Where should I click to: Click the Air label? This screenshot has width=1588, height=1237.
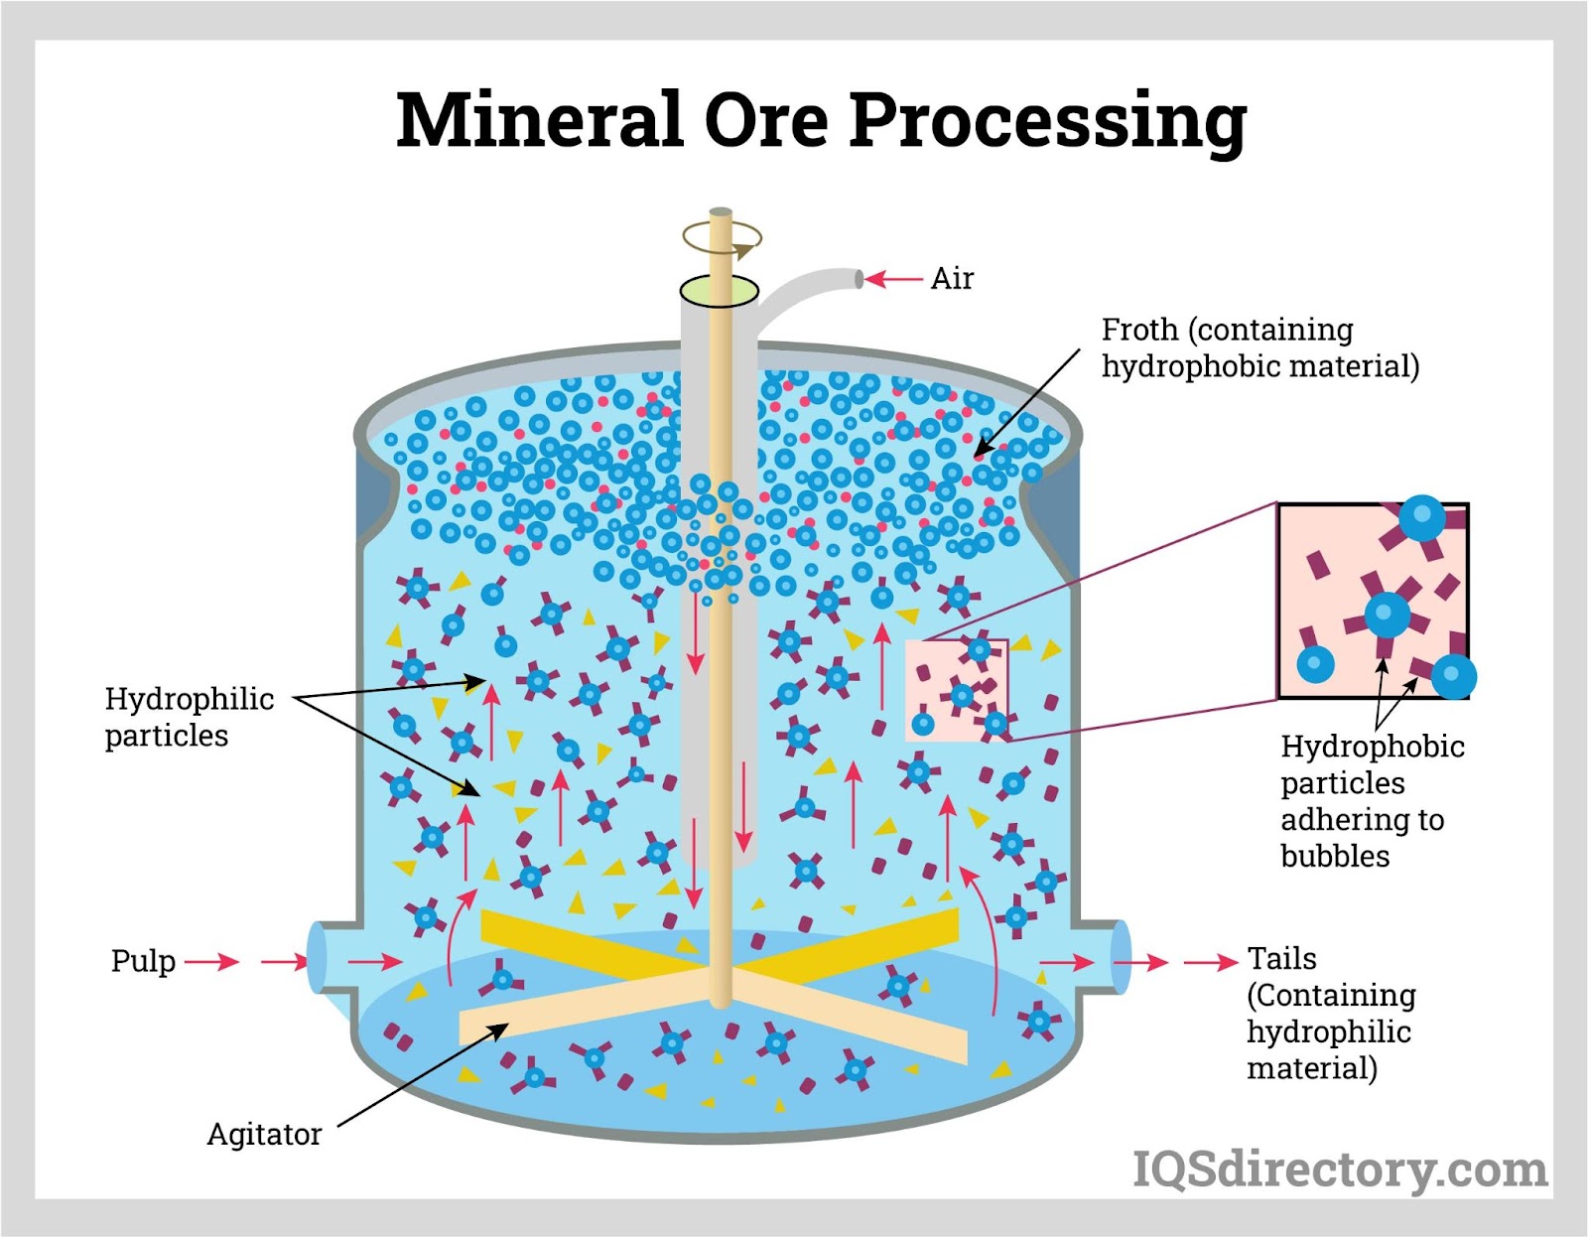click(x=952, y=278)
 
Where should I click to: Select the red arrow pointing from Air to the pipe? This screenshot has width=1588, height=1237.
click(x=894, y=278)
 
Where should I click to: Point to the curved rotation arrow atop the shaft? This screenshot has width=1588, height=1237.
click(x=722, y=238)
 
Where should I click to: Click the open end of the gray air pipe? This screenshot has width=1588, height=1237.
click(x=859, y=279)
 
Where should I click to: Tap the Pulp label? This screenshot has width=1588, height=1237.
click(x=143, y=962)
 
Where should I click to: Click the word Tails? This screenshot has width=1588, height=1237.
click(x=1281, y=958)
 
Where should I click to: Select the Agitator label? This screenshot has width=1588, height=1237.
click(x=265, y=1135)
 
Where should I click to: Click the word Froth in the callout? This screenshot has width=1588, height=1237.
click(x=1139, y=330)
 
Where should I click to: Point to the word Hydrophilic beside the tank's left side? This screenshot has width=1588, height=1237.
click(x=190, y=700)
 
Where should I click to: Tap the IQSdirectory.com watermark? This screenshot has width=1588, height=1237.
click(x=1340, y=1169)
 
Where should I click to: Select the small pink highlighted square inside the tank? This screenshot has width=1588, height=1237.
click(x=958, y=691)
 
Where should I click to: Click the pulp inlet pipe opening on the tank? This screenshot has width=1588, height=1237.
click(x=317, y=957)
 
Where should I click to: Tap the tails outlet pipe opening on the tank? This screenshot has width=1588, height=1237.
click(x=1121, y=957)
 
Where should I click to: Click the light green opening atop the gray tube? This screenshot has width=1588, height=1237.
click(x=720, y=291)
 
